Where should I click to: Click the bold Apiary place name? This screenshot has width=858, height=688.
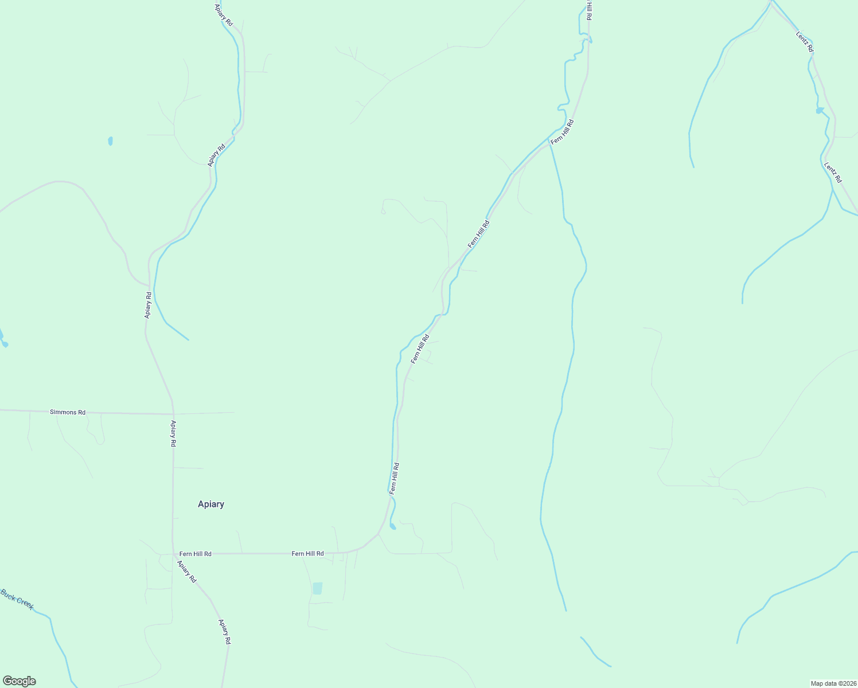210,504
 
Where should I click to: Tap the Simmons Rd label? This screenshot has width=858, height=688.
68,412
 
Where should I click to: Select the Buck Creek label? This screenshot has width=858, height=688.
17,599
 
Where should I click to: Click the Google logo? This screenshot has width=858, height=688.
19,681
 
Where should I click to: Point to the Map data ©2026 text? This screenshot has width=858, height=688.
833,683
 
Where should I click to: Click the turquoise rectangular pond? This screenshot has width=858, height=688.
317,588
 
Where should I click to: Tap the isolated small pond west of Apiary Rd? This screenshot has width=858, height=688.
110,140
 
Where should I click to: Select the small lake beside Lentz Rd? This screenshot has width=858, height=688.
820,110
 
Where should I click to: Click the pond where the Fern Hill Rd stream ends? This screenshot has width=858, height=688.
392,526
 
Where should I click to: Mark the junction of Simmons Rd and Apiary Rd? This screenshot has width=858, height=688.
173,413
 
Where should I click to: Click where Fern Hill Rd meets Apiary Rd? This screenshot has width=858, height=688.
173,554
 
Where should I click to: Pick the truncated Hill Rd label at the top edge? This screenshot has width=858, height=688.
589,10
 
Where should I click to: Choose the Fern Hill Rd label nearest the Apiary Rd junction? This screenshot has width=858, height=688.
195,554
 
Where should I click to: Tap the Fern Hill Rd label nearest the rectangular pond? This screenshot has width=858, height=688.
307,553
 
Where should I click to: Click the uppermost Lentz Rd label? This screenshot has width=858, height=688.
804,42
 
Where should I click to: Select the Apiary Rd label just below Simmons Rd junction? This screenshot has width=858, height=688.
173,433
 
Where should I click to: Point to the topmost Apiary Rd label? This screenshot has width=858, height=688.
224,15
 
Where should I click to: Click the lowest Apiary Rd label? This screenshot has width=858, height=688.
224,631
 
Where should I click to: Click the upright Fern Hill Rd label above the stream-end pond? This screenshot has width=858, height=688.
394,478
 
